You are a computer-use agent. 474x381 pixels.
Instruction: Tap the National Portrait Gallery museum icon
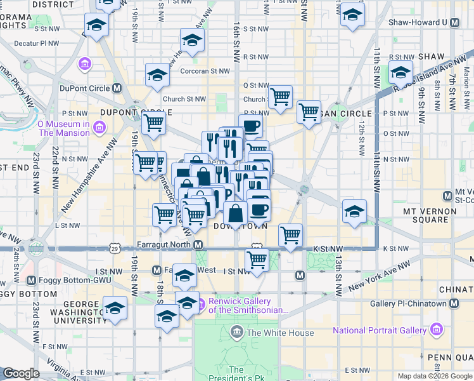(435, 330)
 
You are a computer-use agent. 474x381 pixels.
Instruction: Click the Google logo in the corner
(20, 373)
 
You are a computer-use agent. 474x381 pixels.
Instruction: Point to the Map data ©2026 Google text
(435, 376)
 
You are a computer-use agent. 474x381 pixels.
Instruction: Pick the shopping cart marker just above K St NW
(291, 234)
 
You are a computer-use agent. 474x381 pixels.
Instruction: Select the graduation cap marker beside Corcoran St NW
(157, 75)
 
